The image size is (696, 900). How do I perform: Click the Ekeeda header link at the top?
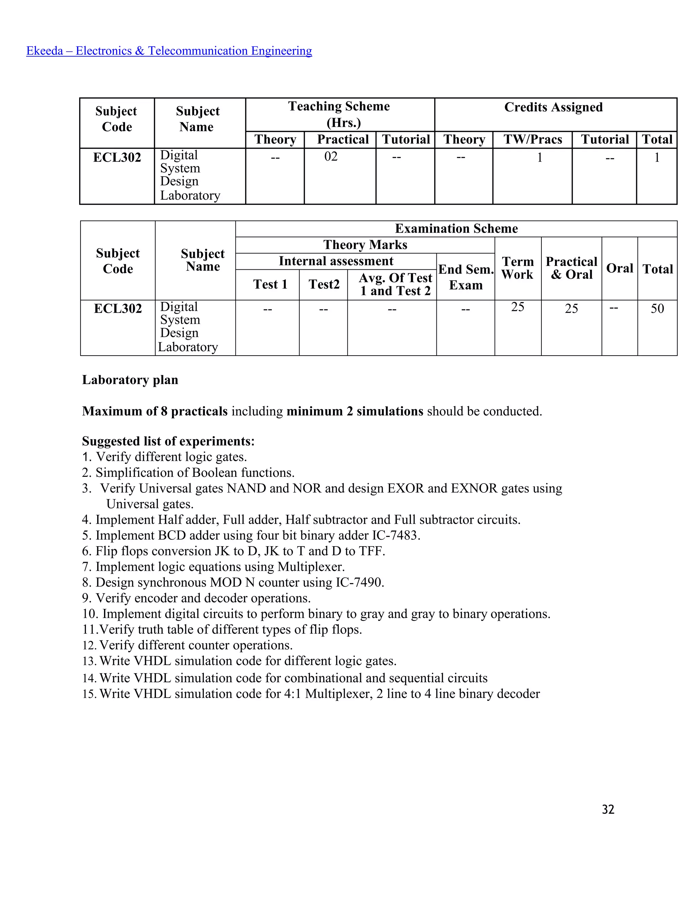point(169,51)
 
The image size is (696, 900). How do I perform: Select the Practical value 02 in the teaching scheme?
point(331,157)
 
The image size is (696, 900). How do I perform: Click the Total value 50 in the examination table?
point(657,308)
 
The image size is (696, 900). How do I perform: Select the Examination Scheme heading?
point(456,228)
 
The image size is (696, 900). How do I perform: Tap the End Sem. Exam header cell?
point(466,277)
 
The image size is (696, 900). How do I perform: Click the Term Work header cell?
point(518,268)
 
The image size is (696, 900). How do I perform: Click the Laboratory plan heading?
point(130,380)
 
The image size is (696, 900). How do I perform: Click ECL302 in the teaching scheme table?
point(117,158)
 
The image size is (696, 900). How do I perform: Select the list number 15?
point(89,694)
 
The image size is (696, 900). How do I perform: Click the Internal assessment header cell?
point(336,261)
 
